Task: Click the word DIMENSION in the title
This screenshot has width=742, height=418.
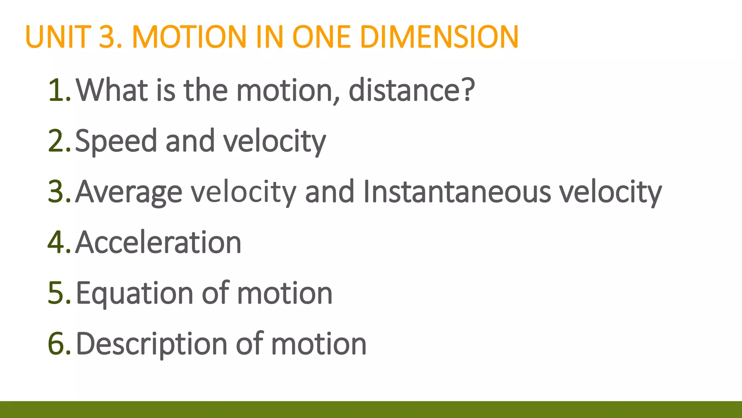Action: [439, 37]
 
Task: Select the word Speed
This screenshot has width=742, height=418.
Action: [116, 142]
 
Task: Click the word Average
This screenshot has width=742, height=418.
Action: [129, 192]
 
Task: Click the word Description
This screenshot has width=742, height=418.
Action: [152, 345]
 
